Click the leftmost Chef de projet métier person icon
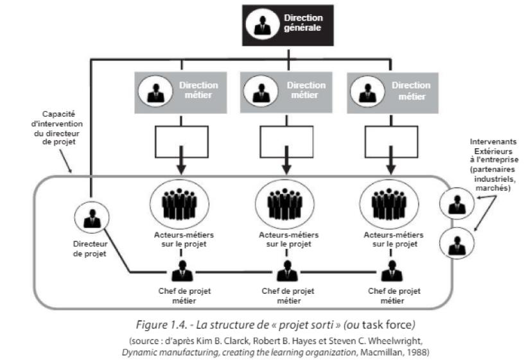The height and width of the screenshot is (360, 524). point(182,272)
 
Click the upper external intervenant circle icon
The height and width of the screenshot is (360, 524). point(457,205)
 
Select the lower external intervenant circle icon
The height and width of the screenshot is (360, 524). point(457,245)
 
